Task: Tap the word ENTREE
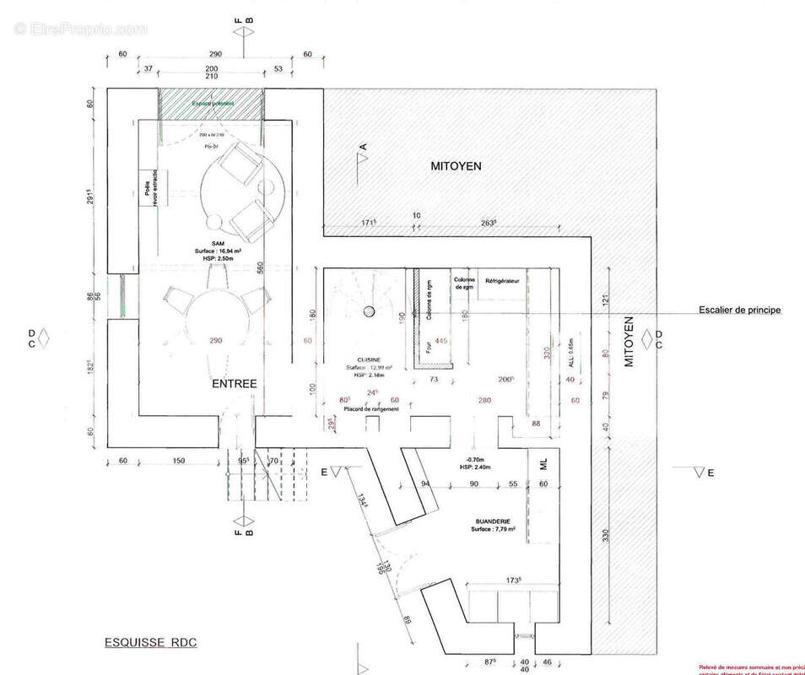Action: [234, 383]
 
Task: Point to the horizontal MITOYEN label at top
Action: [456, 167]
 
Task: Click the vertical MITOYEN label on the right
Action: [628, 343]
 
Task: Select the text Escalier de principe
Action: [739, 310]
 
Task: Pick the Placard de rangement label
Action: [370, 409]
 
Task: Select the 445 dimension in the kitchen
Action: [440, 340]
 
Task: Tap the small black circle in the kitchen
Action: [368, 311]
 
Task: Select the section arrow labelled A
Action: [359, 159]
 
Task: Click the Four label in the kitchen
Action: [428, 344]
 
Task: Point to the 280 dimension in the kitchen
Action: [484, 400]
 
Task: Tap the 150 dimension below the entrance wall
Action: [178, 461]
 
